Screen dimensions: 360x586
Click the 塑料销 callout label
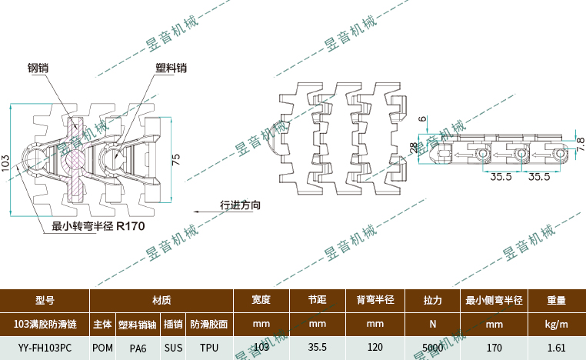tap(170, 68)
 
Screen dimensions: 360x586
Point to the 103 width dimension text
tap(6, 162)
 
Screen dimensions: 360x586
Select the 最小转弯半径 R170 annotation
tap(98, 226)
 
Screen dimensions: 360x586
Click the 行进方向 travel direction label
tap(240, 205)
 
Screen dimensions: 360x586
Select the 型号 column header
tap(45, 300)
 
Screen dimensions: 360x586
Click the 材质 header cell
tap(161, 300)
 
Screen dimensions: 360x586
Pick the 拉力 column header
tap(433, 300)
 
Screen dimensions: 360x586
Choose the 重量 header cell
tap(556, 300)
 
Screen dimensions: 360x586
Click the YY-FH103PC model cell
tap(45, 348)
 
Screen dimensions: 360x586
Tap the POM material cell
tap(102, 348)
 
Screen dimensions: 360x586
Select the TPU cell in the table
tap(209, 348)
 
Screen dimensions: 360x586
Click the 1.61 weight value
tap(556, 348)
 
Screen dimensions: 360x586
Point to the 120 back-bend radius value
tap(375, 348)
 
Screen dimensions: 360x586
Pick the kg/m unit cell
tap(556, 324)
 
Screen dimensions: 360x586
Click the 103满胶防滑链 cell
tap(45, 324)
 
